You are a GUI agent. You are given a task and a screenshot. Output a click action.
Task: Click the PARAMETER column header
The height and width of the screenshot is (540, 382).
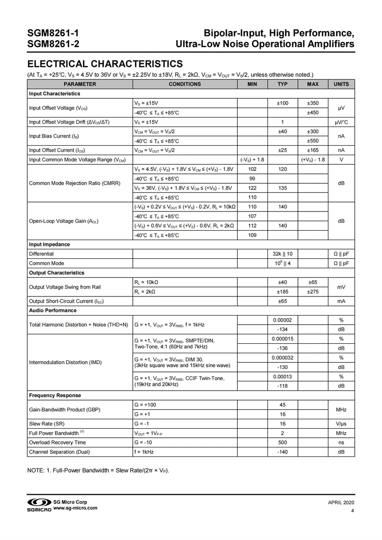click(80, 84)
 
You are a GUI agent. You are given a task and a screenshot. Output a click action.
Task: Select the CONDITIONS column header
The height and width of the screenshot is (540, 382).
click(185, 84)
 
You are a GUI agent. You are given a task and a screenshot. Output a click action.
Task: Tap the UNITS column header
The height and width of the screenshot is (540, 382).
click(341, 84)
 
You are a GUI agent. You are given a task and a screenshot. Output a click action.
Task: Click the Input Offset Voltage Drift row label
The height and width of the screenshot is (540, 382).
click(69, 122)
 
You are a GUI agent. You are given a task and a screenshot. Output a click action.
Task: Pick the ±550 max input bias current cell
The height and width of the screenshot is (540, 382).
click(312, 141)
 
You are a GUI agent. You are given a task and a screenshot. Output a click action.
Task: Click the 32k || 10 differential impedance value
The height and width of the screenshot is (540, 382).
click(282, 254)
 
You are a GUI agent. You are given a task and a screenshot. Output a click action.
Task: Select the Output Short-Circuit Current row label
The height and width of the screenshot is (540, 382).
click(66, 301)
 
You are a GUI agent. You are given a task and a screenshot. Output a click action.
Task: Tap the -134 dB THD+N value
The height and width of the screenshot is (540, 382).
click(282, 329)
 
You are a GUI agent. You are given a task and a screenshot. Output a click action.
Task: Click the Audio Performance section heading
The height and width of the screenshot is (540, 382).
click(53, 310)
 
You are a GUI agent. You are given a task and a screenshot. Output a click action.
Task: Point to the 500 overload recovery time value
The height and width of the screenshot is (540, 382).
click(282, 442)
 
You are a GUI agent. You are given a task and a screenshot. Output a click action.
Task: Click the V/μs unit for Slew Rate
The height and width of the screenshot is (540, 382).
click(341, 424)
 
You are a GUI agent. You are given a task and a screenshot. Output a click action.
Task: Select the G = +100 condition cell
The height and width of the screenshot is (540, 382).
click(147, 405)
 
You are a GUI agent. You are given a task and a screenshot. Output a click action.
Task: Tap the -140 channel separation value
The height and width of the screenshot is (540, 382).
click(282, 452)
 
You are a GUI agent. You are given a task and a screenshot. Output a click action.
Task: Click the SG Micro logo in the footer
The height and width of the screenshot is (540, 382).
click(39, 505)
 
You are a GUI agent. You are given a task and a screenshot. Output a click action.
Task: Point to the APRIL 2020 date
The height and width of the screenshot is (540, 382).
click(341, 503)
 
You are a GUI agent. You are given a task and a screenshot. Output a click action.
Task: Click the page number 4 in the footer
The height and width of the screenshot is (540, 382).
click(352, 511)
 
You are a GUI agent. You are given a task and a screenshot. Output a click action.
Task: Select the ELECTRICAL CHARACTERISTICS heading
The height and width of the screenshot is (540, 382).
click(105, 64)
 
